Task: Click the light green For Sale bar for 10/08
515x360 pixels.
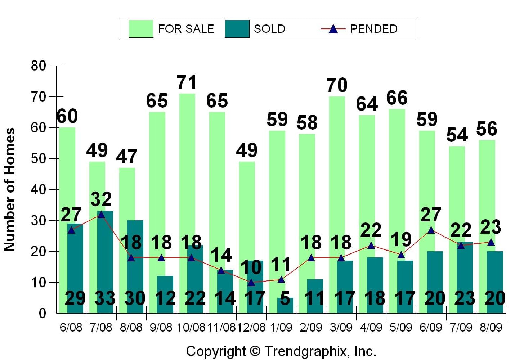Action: coord(187,162)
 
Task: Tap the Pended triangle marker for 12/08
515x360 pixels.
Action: coord(251,283)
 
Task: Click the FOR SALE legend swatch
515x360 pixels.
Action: coord(141,29)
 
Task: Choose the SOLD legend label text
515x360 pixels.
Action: coord(269,29)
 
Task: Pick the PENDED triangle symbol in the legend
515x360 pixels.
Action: coord(333,29)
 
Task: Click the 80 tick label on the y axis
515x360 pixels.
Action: coord(39,66)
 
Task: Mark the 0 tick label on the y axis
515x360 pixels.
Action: coord(42,313)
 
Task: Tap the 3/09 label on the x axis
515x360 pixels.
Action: coord(341,327)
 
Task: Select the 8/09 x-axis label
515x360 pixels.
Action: coord(491,327)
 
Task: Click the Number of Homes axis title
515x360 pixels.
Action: coord(10,189)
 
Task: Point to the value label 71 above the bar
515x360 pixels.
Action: coord(187,82)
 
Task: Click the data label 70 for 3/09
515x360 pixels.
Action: coord(337,85)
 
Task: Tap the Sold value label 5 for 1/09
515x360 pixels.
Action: coord(285,298)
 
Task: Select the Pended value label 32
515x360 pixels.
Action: coord(101,199)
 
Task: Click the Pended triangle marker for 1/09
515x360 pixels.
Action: coord(281,280)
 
